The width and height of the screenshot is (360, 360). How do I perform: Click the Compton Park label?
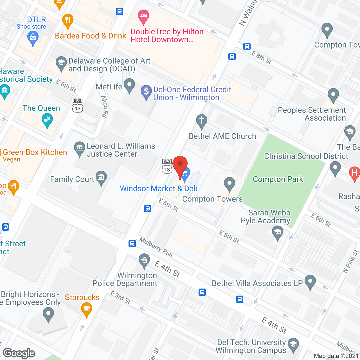coord(278,179)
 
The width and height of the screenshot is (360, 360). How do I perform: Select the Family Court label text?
coord(72,179)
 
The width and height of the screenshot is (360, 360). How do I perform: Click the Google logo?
coord(19,353)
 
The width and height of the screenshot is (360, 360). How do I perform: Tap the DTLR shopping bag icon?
coord(33,37)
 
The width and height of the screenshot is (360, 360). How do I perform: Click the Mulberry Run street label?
coord(156,247)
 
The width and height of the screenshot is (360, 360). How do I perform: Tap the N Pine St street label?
coord(351,262)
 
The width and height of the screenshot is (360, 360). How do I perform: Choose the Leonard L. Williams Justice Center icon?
coord(80,147)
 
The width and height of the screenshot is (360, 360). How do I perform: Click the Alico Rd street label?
coord(104,106)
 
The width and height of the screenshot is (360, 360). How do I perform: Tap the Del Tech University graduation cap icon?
coord(293,344)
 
